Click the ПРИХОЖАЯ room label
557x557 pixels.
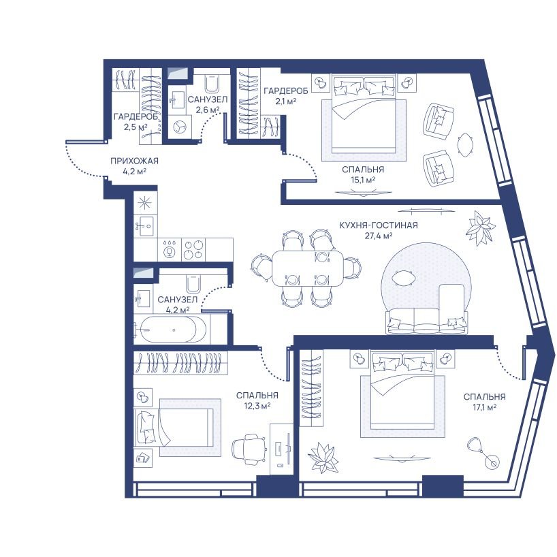134,161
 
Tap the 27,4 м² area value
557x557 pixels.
379,235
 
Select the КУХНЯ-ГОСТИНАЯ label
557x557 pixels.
379,225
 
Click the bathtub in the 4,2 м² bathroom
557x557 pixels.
170,330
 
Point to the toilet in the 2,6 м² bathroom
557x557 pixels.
212,83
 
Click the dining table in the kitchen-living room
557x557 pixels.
308,268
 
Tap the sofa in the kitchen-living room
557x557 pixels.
427,321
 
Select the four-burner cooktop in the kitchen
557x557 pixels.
193,249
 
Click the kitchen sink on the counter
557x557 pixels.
144,225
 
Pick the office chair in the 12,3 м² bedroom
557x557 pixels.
249,449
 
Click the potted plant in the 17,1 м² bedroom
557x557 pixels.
322,458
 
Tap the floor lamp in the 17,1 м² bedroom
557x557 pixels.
483,452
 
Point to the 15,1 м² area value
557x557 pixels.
363,180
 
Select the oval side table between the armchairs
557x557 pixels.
466,145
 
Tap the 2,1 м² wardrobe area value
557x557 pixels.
285,101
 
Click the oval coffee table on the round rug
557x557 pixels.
404,276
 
